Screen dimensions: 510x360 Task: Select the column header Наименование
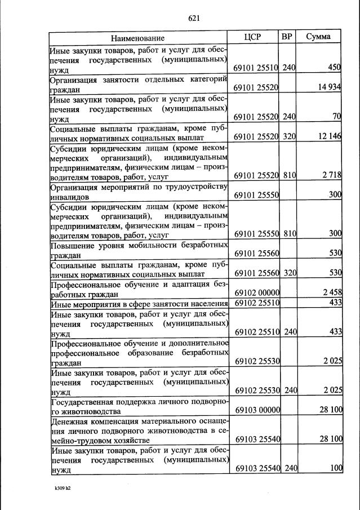137,38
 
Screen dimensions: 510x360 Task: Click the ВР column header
287,37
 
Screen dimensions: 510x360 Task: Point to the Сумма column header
318,37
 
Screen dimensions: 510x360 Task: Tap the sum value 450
335,68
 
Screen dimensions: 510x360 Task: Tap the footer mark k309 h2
58,488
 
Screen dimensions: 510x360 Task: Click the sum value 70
337,117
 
